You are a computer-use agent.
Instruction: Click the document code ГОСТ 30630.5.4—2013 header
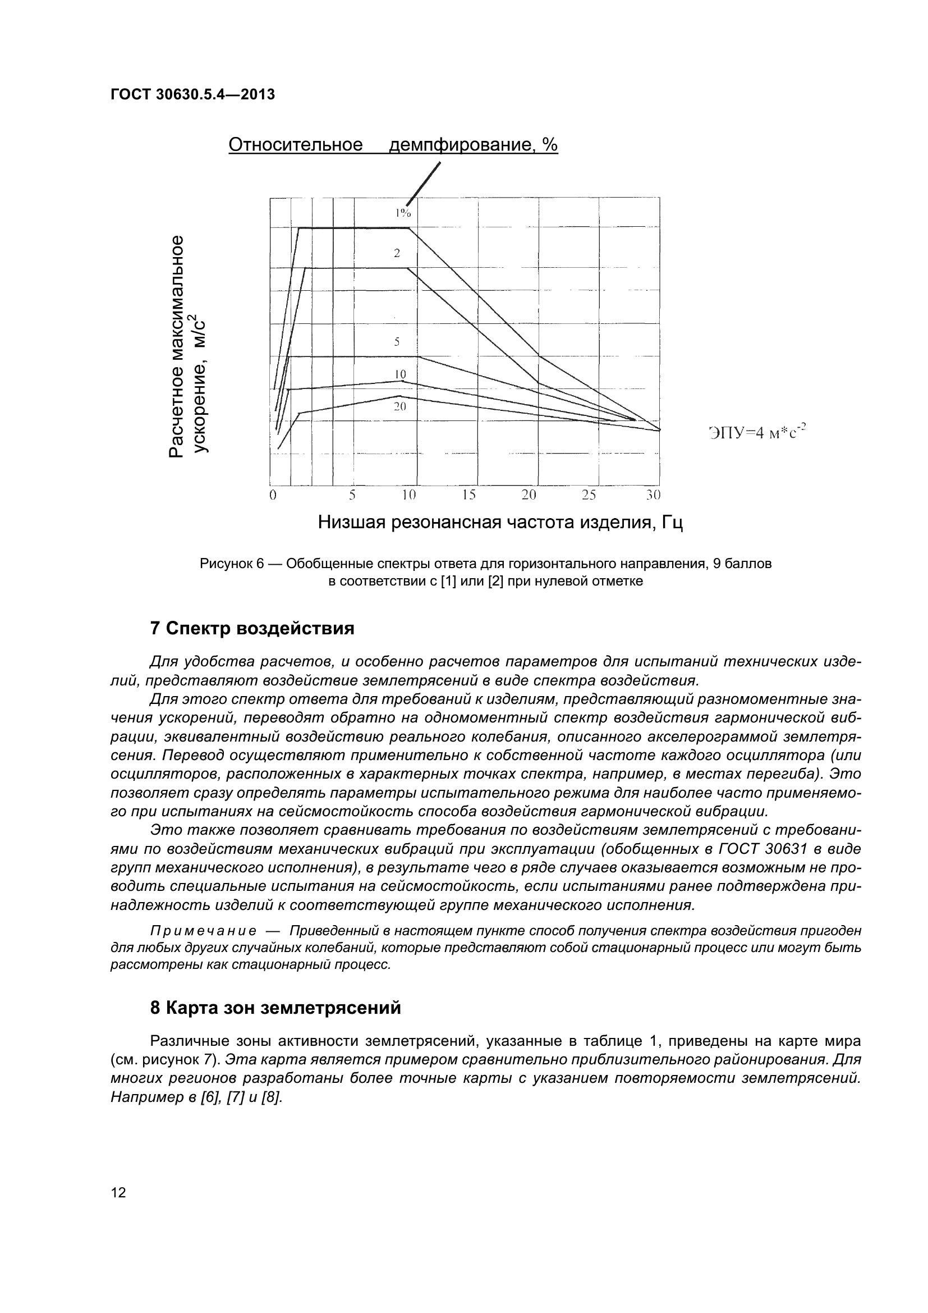click(192, 95)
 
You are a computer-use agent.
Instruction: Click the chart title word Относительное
click(296, 145)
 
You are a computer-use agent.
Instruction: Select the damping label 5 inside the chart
click(397, 342)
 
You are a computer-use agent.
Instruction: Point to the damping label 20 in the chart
click(399, 406)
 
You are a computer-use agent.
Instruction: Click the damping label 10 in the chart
click(400, 374)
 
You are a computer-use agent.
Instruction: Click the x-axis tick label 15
click(469, 495)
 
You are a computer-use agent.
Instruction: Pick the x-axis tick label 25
click(589, 495)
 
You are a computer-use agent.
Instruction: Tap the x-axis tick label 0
click(273, 495)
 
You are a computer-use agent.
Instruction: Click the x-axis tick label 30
click(653, 495)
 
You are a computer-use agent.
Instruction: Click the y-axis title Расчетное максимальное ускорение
click(189, 346)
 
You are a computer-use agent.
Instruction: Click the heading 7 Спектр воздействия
click(252, 629)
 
